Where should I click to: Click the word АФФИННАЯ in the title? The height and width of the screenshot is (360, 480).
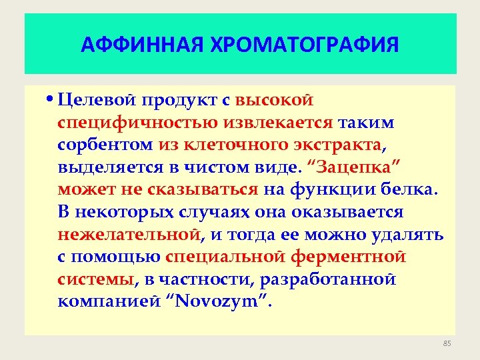pos(130,45)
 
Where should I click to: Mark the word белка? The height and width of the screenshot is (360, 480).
pos(411,190)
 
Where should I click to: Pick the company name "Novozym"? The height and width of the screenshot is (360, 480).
pos(223,302)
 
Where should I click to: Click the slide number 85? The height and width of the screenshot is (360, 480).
pos(447,343)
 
